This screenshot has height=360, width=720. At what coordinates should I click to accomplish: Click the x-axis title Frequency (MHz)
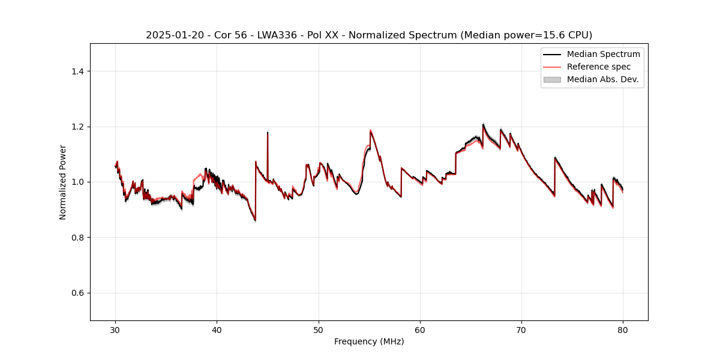click(x=369, y=341)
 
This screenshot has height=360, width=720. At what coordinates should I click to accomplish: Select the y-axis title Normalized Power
click(x=63, y=182)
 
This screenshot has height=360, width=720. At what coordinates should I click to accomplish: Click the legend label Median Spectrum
click(x=603, y=54)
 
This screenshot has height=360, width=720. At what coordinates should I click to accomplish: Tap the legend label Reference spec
click(x=598, y=67)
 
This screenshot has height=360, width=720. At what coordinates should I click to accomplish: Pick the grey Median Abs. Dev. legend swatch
click(x=552, y=79)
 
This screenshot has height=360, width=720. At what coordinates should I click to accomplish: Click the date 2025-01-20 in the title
click(x=170, y=35)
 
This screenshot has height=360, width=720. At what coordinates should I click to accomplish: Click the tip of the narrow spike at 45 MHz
click(x=268, y=132)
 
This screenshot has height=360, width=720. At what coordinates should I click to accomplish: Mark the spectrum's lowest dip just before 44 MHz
click(x=255, y=221)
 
